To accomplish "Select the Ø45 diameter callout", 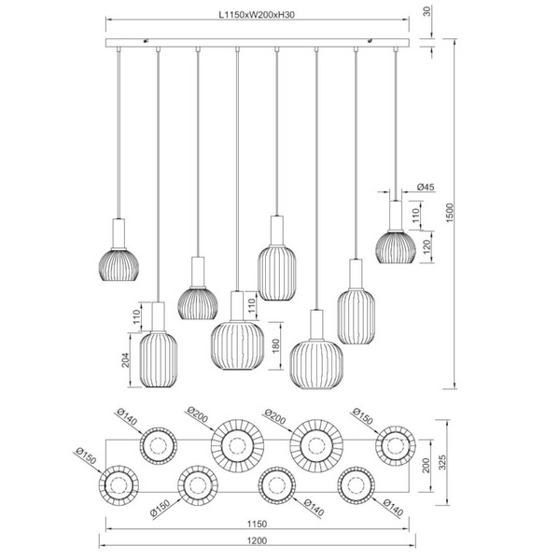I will click(x=427, y=188).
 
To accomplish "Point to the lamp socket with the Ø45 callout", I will click(x=396, y=216).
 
